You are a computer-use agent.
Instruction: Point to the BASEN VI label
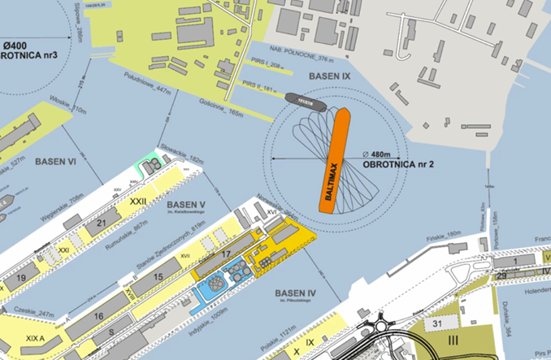point(55,162)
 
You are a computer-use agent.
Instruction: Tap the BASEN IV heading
point(296,293)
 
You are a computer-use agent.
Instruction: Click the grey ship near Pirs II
point(305,100)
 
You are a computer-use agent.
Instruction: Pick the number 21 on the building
point(102,223)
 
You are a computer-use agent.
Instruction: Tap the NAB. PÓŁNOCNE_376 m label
point(310,59)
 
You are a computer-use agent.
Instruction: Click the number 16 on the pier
point(98,316)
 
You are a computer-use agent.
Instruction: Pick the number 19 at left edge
point(22,278)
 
